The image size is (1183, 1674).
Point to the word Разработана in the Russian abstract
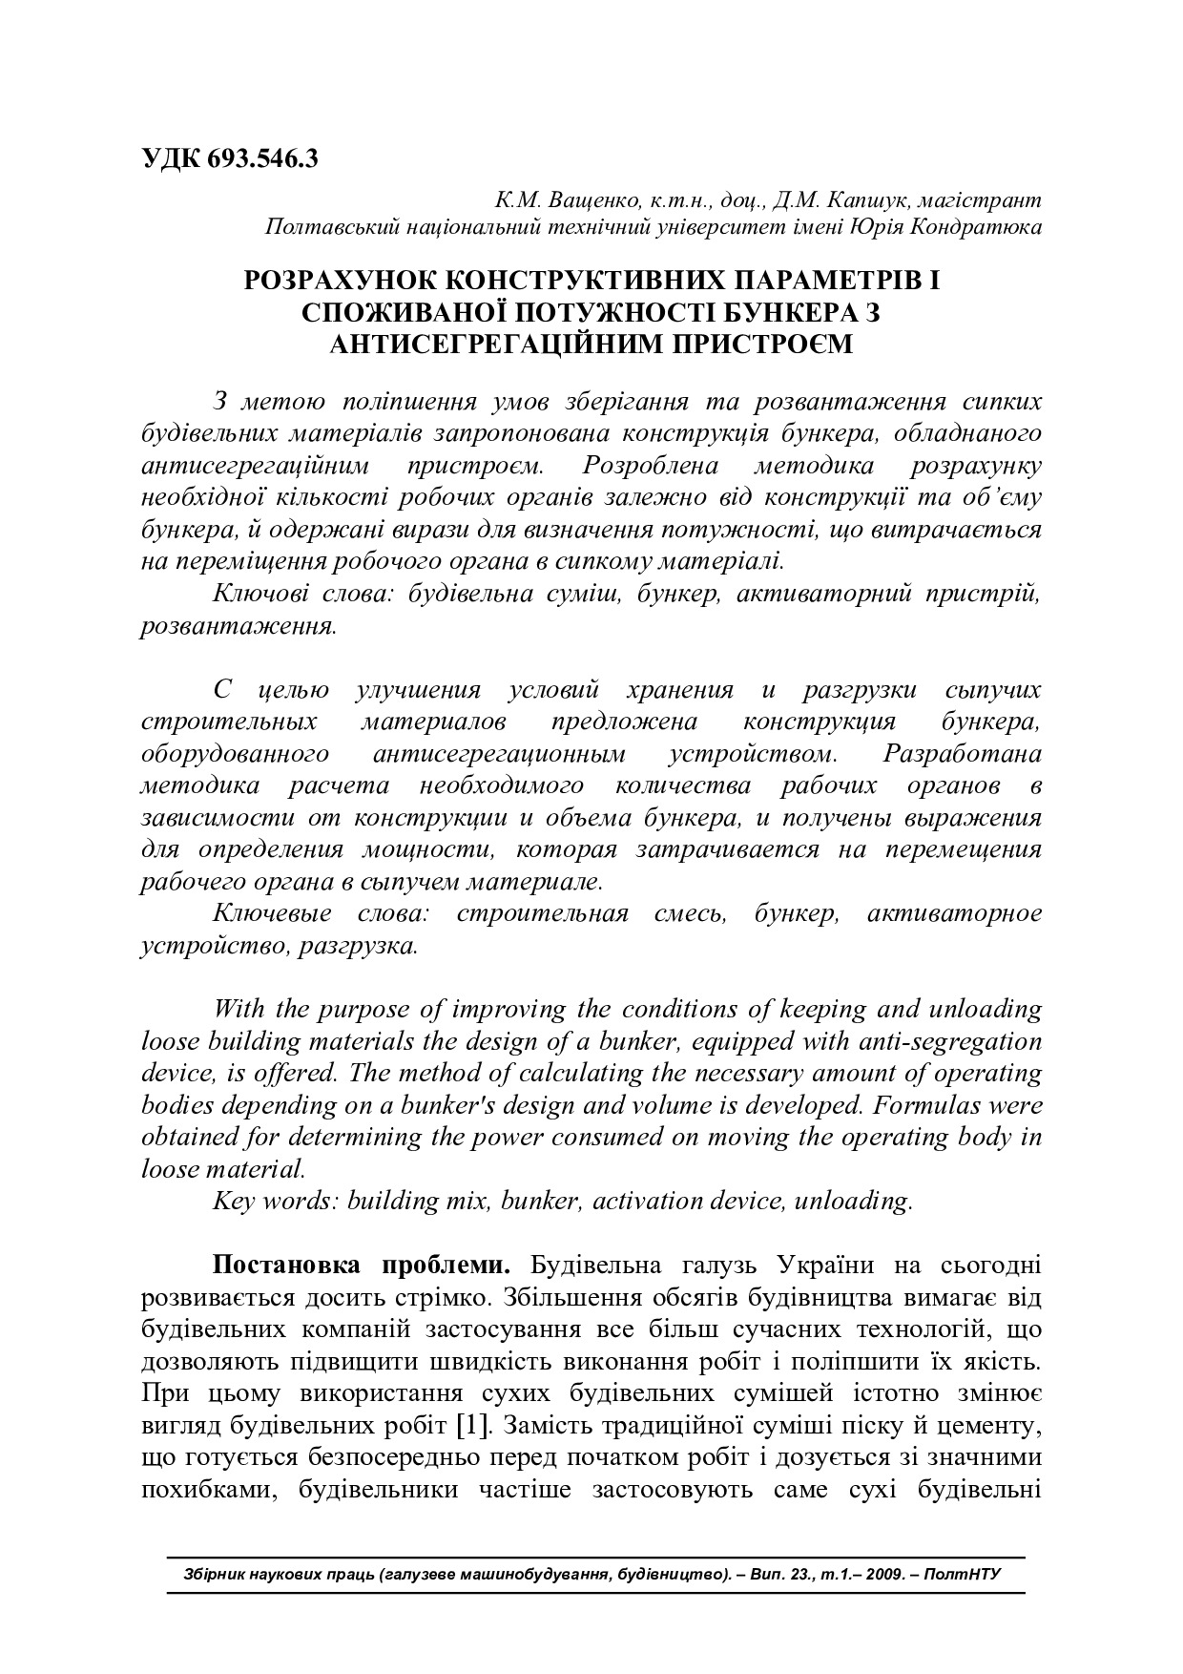pos(963,754)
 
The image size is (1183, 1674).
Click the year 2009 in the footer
pos(885,1574)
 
